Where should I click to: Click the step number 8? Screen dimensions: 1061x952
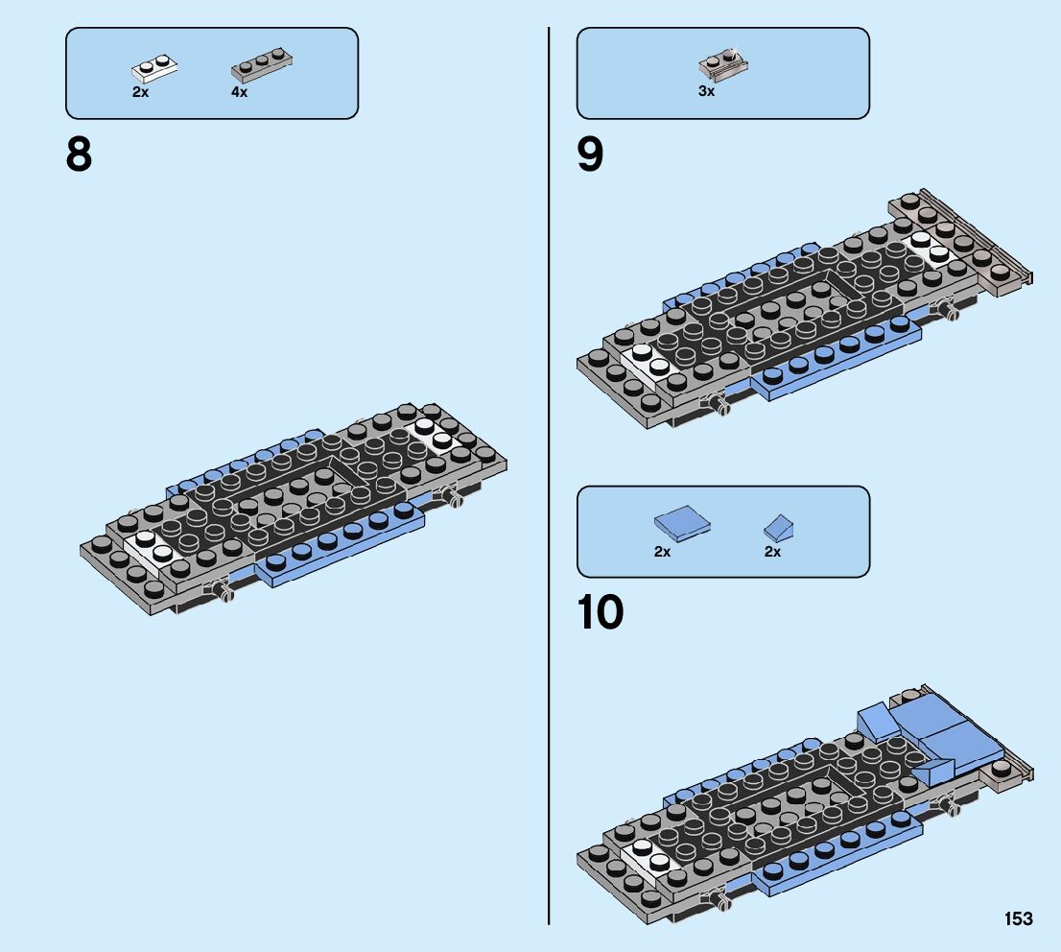click(x=80, y=155)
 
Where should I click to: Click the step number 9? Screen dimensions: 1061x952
click(x=591, y=155)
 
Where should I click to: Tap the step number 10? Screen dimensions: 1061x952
click(x=601, y=614)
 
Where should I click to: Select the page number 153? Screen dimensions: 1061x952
click(x=1019, y=919)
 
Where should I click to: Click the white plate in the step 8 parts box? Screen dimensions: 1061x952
click(x=154, y=70)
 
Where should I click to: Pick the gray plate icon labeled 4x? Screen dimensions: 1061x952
click(x=261, y=68)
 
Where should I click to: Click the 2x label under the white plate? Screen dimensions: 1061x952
click(x=141, y=93)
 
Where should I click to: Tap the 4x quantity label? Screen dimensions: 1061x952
click(x=239, y=93)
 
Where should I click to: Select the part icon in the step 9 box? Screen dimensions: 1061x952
click(x=723, y=64)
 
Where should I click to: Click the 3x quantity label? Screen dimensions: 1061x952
click(x=706, y=92)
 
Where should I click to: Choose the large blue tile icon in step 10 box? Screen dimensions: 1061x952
click(x=683, y=523)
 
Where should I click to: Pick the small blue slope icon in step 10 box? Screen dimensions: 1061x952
click(x=784, y=527)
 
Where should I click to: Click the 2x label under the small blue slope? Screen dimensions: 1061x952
click(x=772, y=552)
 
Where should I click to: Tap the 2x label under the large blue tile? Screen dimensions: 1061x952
click(x=662, y=552)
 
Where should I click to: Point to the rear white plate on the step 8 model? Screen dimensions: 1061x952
click(x=434, y=435)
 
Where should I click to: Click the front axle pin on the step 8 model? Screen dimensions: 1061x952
click(x=224, y=593)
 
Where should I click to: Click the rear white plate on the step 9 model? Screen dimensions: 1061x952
click(x=931, y=248)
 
